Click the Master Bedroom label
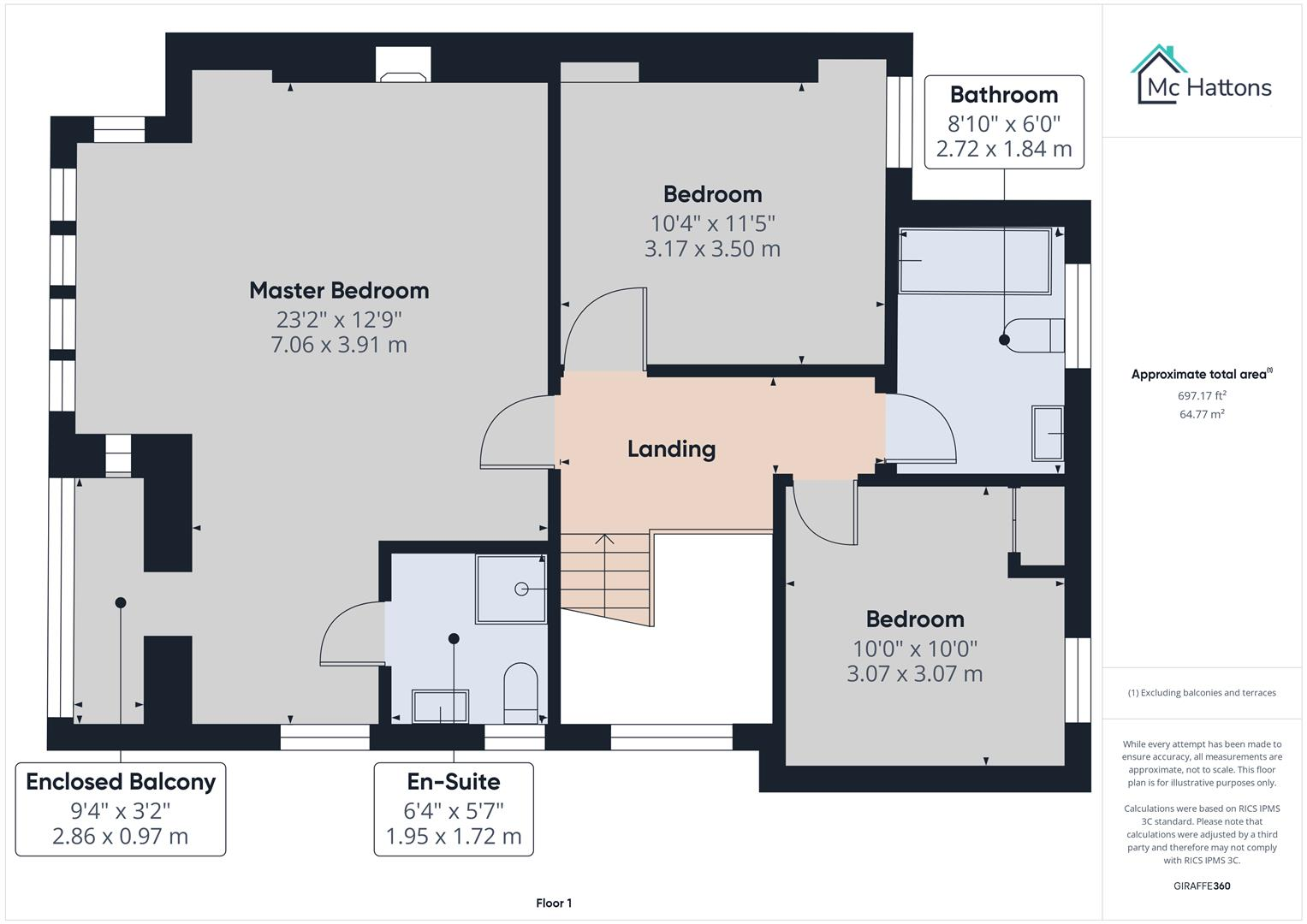click(x=339, y=291)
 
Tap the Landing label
click(x=672, y=448)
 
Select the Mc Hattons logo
click(x=1202, y=74)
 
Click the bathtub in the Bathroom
click(x=975, y=261)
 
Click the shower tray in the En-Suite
click(x=511, y=589)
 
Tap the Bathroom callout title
click(x=1004, y=94)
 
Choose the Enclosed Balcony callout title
click(x=121, y=782)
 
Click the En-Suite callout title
click(x=454, y=782)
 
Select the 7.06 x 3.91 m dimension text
click(x=339, y=345)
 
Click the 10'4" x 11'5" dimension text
click(x=712, y=223)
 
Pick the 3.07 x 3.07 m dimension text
click(x=915, y=674)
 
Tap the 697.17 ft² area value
click(x=1202, y=395)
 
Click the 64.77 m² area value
click(x=1202, y=414)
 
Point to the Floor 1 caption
click(x=554, y=903)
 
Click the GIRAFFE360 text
click(x=1202, y=885)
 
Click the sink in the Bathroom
click(x=1048, y=434)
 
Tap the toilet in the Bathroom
click(x=1037, y=335)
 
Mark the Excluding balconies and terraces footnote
click(x=1202, y=692)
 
